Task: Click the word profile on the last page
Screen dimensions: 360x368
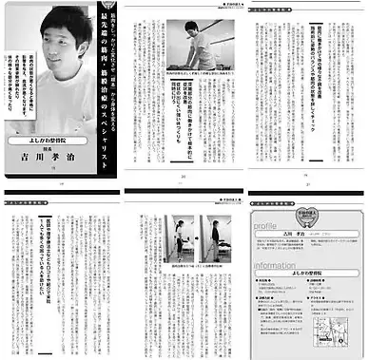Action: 269,225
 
